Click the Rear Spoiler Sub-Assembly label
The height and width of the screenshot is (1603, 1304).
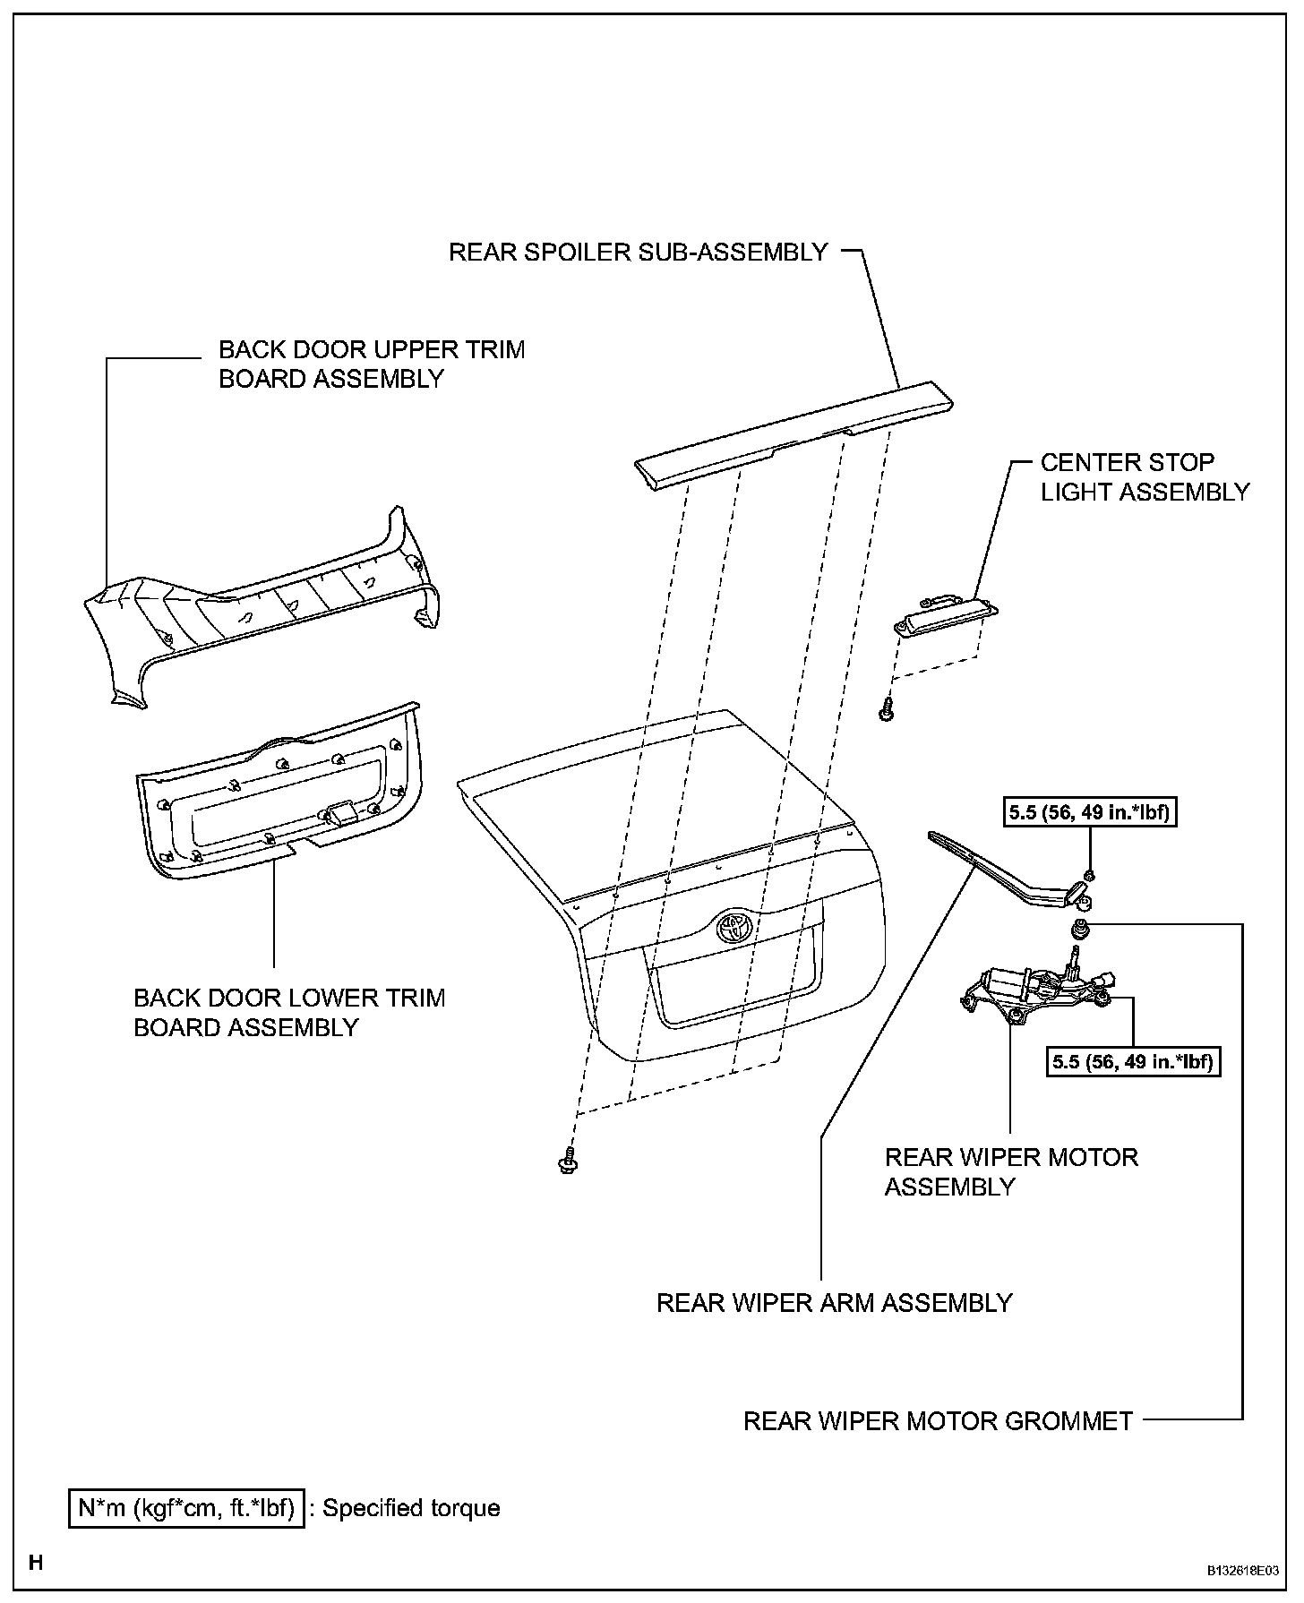pyautogui.click(x=638, y=252)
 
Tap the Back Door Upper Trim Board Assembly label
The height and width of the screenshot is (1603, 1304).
pyautogui.click(x=372, y=364)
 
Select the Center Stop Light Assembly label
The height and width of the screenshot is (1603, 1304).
pyautogui.click(x=1144, y=477)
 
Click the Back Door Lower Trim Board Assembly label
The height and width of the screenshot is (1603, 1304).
pyautogui.click(x=288, y=1012)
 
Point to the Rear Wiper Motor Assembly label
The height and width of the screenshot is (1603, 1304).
pyautogui.click(x=1010, y=1171)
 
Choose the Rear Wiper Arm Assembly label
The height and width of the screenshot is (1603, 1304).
pyautogui.click(x=834, y=1302)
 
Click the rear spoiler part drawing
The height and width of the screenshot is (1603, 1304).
pyautogui.click(x=793, y=430)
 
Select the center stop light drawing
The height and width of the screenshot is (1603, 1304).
pyautogui.click(x=946, y=617)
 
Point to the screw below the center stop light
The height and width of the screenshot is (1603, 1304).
pyautogui.click(x=887, y=710)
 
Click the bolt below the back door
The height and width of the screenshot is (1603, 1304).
pyautogui.click(x=566, y=1162)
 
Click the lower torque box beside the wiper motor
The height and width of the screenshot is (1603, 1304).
pyautogui.click(x=1133, y=1062)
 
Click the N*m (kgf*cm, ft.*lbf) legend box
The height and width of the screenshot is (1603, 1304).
pyautogui.click(x=186, y=1508)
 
